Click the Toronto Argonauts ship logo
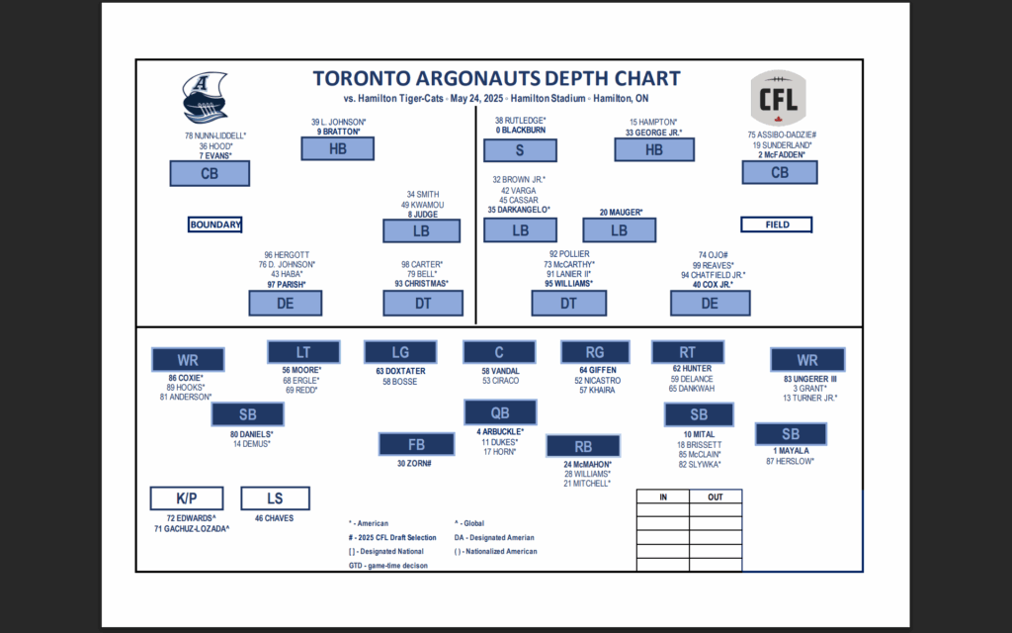pos(205,98)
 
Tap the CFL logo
pos(779,98)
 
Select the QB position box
pos(500,412)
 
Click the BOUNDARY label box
pos(214,225)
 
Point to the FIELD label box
pos(777,225)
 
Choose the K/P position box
pos(187,498)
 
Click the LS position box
pos(275,498)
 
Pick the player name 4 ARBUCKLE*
pos(500,431)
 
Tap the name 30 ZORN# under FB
pos(414,463)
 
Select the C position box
pos(499,353)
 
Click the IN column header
pos(663,497)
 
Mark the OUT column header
pos(716,497)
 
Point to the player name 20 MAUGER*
pos(621,212)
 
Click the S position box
pos(520,150)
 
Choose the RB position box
pos(583,446)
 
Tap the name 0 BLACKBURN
pos(521,130)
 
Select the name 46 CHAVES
pos(275,518)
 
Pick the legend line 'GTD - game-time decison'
pos(387,565)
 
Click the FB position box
pos(416,444)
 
